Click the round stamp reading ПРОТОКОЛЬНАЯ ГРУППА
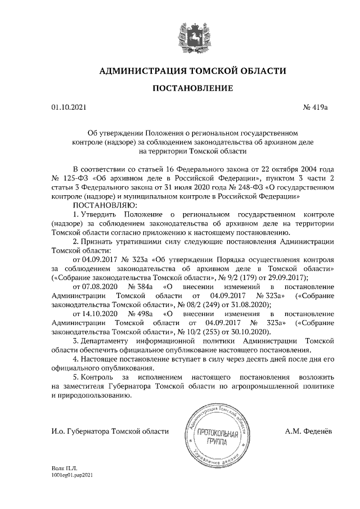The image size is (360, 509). click(x=217, y=436)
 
